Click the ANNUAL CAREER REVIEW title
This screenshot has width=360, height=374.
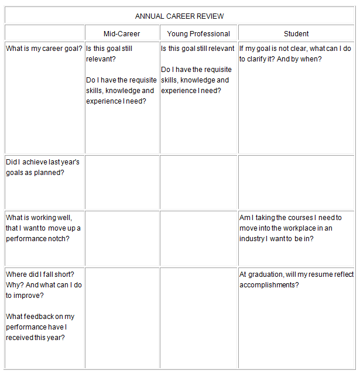point(179,16)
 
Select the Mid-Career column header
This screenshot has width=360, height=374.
point(122,34)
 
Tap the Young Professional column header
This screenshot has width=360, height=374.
point(198,34)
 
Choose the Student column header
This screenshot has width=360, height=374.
point(296,34)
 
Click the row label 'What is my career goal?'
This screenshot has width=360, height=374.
point(44,49)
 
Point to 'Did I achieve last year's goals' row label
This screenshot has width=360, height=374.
point(43,167)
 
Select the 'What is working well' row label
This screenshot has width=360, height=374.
point(43,228)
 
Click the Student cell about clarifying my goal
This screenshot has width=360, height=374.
point(295,54)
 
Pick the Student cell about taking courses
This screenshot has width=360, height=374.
point(290,228)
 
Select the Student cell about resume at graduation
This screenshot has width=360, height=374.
point(296,279)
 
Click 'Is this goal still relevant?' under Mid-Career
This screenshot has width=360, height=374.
point(109,54)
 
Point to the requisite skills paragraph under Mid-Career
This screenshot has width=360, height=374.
point(121,91)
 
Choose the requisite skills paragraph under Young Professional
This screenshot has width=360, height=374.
point(196,80)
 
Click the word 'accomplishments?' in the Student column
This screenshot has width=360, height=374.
point(269,285)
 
